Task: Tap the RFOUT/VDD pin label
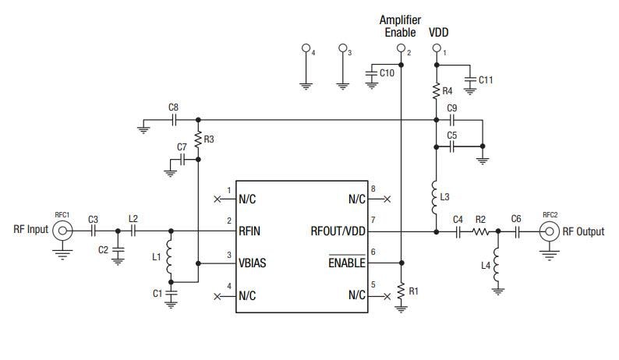[336, 231]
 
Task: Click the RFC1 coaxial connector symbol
[62, 231]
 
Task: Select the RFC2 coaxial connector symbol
[549, 231]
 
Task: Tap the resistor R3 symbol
[198, 139]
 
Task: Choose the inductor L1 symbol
[170, 256]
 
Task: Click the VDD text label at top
[439, 33]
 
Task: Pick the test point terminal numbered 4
[306, 49]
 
